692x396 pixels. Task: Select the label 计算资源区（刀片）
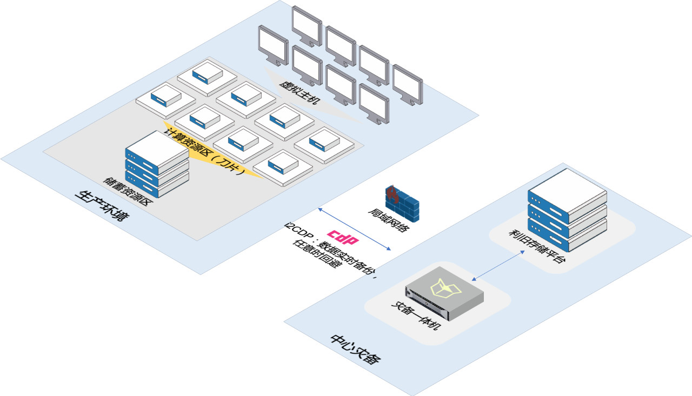[x=206, y=150]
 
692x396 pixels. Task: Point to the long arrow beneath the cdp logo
[x=355, y=229]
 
